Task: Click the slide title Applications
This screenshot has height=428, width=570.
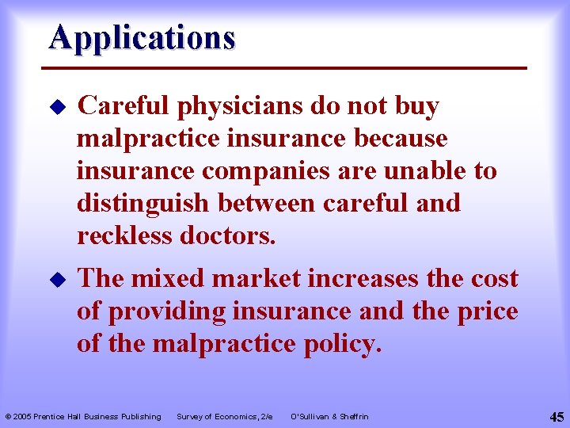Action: [x=142, y=37]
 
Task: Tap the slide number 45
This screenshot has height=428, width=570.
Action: [x=556, y=417]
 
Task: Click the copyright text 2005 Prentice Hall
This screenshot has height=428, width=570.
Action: [x=82, y=417]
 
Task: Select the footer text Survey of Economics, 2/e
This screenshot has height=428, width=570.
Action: [x=224, y=417]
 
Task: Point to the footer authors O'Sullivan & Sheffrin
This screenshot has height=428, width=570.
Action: [x=329, y=417]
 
